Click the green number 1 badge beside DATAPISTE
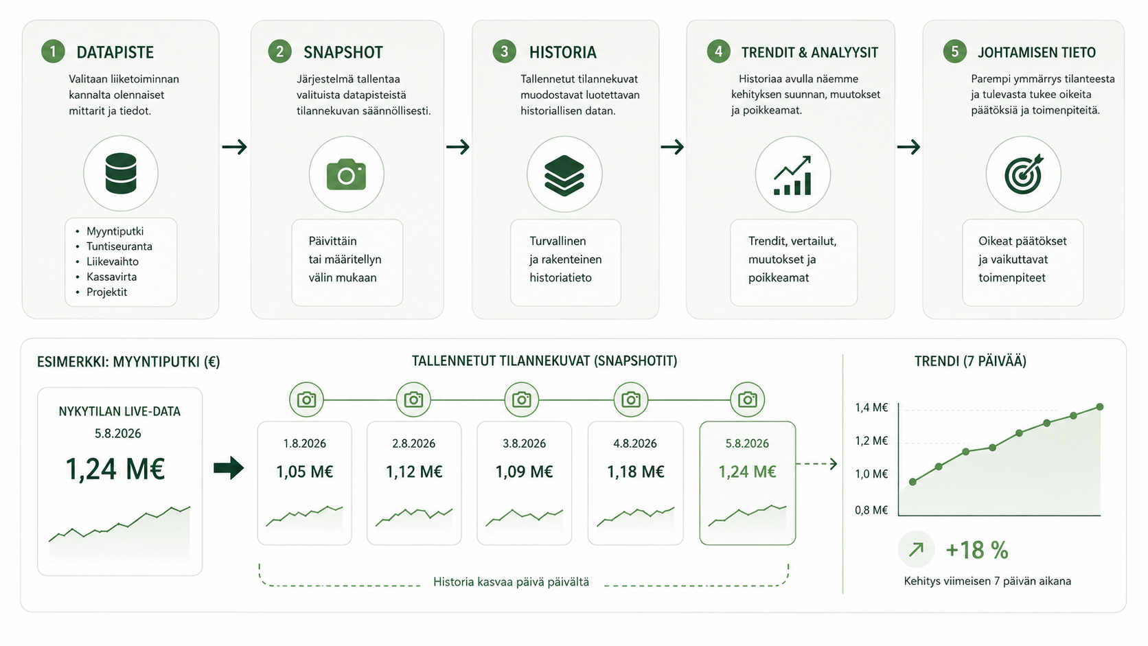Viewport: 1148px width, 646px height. click(x=53, y=51)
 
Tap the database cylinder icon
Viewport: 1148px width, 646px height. click(x=121, y=173)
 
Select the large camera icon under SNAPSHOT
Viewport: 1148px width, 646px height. click(x=347, y=174)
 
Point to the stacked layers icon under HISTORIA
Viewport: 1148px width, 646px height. click(x=564, y=175)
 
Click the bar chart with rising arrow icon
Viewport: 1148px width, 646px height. click(x=792, y=175)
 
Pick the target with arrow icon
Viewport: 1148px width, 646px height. click(x=1024, y=174)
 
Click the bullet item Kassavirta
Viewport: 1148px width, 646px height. click(x=111, y=277)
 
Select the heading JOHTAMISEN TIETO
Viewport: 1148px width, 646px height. click(x=1036, y=52)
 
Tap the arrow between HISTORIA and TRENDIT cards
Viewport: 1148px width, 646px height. click(x=672, y=147)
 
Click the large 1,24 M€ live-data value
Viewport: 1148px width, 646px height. click(x=115, y=469)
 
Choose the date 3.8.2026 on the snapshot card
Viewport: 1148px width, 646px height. click(x=524, y=443)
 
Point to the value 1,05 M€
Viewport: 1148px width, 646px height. click(x=304, y=472)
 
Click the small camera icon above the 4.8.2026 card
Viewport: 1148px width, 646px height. click(x=631, y=400)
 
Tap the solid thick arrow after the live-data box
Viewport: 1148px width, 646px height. click(x=229, y=468)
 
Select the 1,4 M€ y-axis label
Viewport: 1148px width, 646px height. click(x=871, y=408)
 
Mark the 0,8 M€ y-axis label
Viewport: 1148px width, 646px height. click(x=871, y=510)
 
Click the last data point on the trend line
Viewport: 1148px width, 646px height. click(x=1099, y=407)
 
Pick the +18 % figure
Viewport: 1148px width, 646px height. click(x=977, y=550)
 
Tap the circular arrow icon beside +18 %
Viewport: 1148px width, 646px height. click(x=917, y=549)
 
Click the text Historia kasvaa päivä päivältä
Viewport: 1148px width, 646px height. click(x=511, y=582)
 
